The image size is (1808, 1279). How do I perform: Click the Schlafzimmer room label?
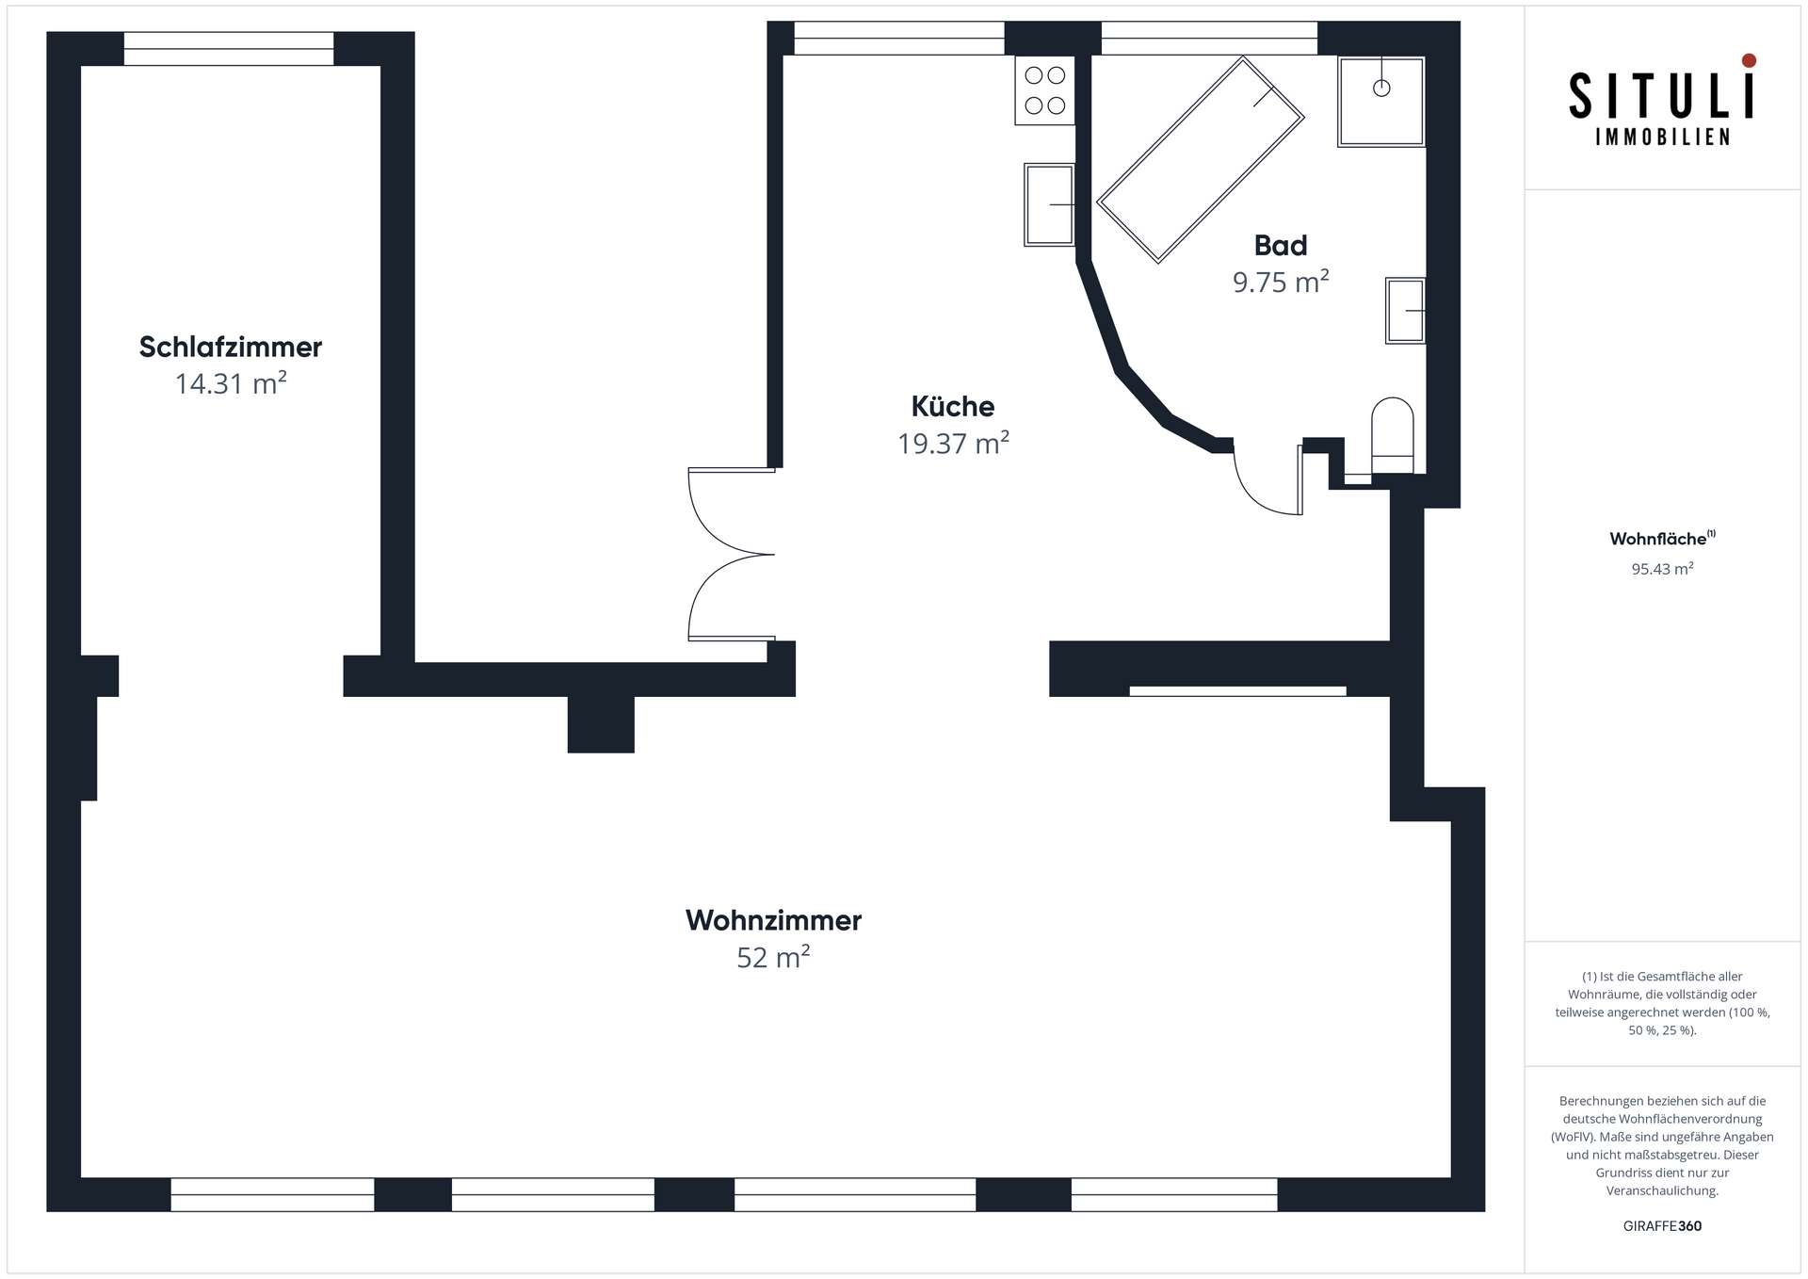click(231, 348)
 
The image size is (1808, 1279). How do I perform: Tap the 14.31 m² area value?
click(231, 383)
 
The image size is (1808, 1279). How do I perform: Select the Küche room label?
click(953, 407)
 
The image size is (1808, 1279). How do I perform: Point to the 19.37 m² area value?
click(953, 443)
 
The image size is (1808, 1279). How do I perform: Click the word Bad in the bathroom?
click(1281, 246)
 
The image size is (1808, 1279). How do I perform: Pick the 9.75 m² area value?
click(1281, 282)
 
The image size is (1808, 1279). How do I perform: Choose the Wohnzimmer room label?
click(773, 920)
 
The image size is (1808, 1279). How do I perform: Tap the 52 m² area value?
click(773, 957)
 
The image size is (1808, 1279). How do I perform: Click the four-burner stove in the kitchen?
click(1044, 90)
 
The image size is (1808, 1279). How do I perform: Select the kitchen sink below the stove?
click(1049, 204)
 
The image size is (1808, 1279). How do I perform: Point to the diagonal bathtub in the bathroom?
click(1201, 160)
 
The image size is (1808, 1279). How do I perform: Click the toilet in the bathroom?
click(1393, 435)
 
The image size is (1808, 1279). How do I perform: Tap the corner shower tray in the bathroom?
click(1380, 102)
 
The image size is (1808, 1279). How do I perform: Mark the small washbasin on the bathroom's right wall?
click(1405, 310)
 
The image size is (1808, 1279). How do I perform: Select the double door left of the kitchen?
click(732, 555)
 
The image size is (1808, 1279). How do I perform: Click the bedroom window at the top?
click(229, 49)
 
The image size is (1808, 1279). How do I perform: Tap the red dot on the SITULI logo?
click(1749, 60)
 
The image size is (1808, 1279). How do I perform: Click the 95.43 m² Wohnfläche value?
click(1662, 569)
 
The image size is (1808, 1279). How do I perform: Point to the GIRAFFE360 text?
click(1662, 1226)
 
